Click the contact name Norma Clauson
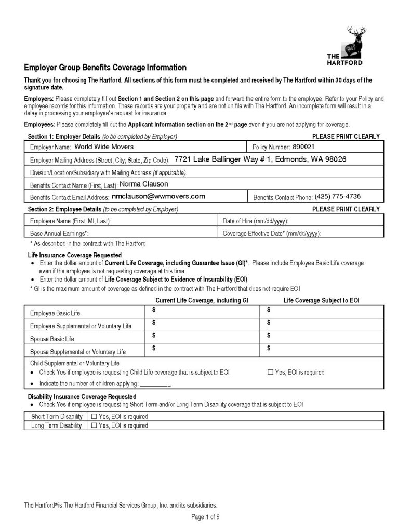click(x=144, y=184)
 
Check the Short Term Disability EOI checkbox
click(x=94, y=416)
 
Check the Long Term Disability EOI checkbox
click(x=94, y=425)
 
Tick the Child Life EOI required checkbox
click(x=270, y=373)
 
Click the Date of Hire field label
click(x=255, y=221)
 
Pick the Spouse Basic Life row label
click(x=52, y=339)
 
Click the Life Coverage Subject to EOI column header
click(x=322, y=301)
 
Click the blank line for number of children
click(x=155, y=384)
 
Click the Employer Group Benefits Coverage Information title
click(x=105, y=68)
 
